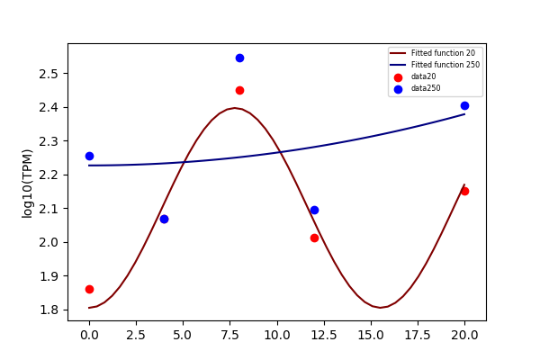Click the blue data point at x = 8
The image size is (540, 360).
[239, 58]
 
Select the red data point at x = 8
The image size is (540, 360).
[239, 91]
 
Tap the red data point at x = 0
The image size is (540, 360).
[89, 290]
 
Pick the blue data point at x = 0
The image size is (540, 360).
[89, 156]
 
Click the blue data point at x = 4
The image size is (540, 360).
[165, 219]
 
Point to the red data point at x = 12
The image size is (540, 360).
[314, 238]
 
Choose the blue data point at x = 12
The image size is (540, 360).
[314, 210]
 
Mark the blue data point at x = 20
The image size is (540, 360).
[464, 106]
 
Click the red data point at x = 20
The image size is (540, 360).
[464, 191]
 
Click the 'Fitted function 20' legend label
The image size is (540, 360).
[443, 53]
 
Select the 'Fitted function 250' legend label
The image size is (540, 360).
[445, 65]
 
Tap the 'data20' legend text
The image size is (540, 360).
[423, 76]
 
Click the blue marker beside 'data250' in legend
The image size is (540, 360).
[398, 90]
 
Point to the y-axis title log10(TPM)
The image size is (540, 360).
[27, 184]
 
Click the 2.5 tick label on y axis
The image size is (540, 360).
[49, 74]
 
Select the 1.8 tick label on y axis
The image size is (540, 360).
[49, 310]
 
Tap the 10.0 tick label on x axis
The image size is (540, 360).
[277, 335]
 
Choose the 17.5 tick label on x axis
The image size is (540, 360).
[418, 335]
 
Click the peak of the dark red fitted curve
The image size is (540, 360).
[234, 108]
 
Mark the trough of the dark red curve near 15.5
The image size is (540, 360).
[380, 308]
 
